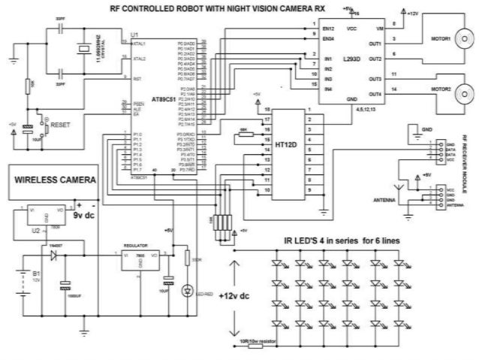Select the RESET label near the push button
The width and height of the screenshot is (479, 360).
pyautogui.click(x=58, y=124)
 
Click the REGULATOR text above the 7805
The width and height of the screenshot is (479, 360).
pyautogui.click(x=139, y=246)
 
